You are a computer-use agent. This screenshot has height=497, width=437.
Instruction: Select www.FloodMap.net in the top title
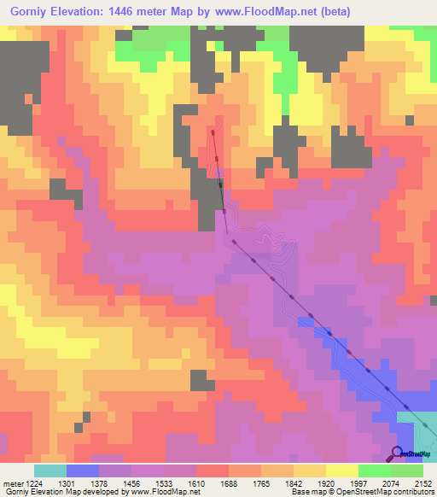click(x=257, y=12)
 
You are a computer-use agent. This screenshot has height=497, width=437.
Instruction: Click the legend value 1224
click(x=34, y=482)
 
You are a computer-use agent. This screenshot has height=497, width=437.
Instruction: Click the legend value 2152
click(x=424, y=482)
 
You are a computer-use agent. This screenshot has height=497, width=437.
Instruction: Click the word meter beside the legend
click(x=12, y=482)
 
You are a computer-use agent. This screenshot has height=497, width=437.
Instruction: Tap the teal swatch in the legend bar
click(x=50, y=471)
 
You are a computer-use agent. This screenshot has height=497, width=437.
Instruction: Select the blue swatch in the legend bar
click(x=83, y=471)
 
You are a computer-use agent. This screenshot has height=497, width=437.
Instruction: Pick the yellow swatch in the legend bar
click(x=342, y=471)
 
